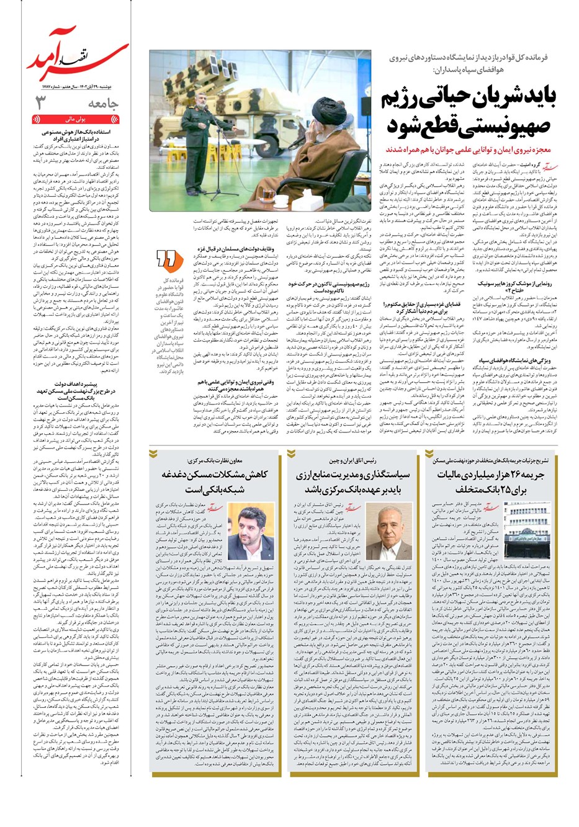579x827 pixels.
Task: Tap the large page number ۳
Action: click(40, 103)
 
